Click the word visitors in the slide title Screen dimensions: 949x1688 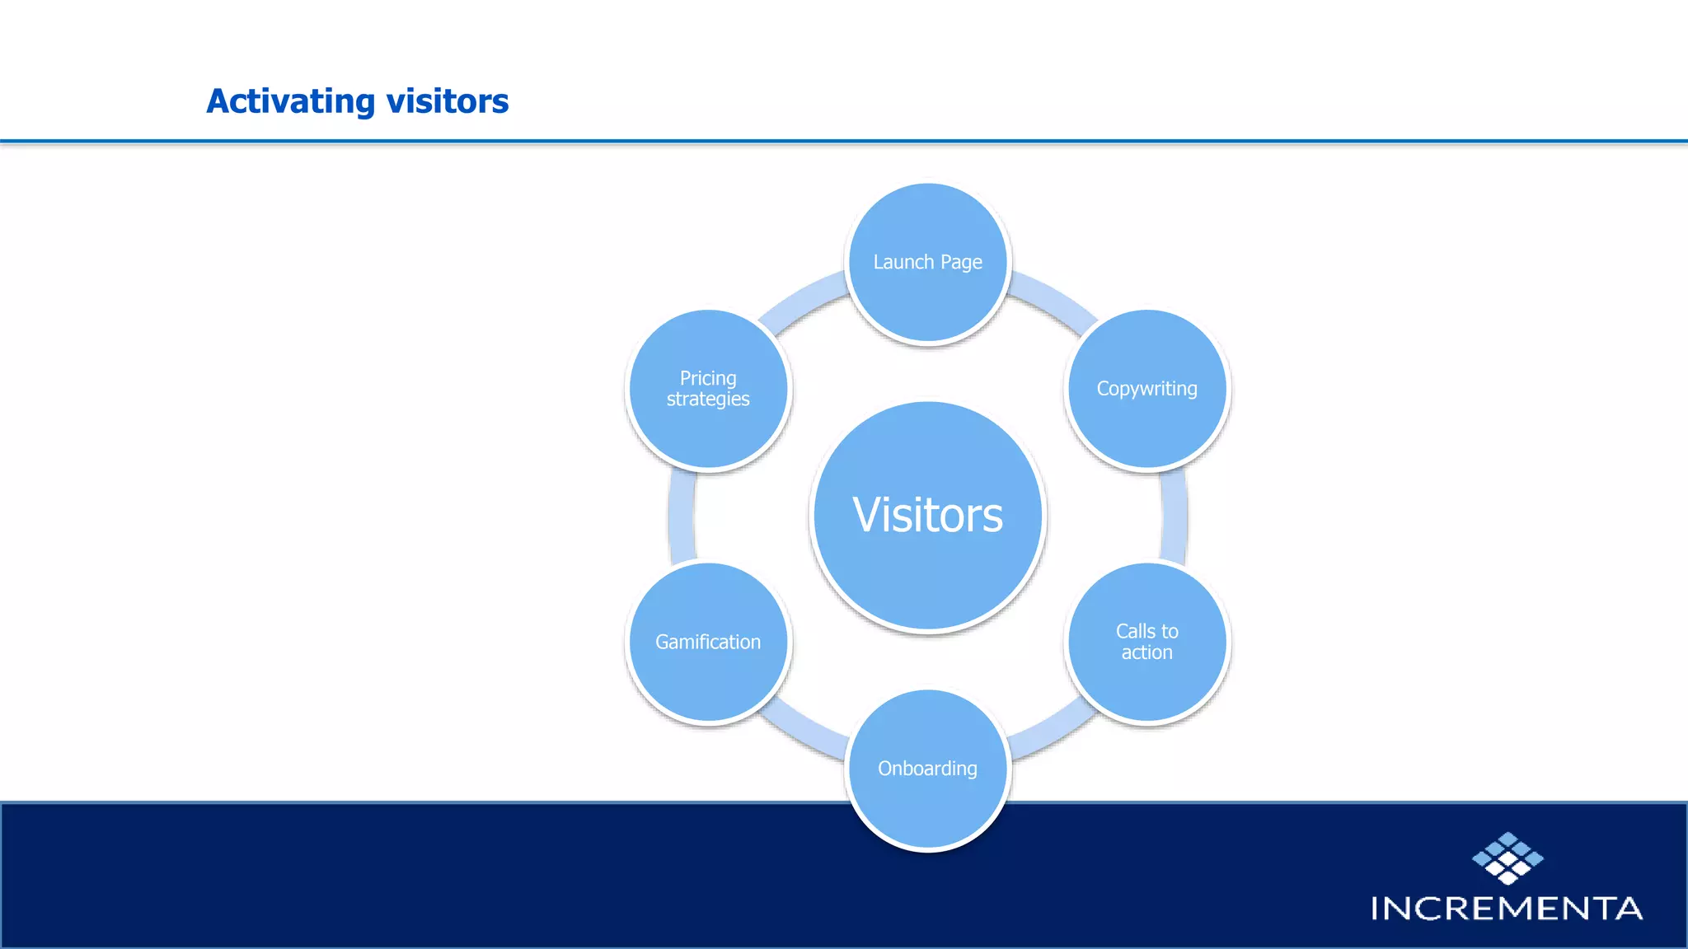pyautogui.click(x=447, y=102)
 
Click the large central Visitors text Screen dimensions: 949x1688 pyautogui.click(x=927, y=516)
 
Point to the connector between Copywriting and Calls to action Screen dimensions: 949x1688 pyautogui.click(x=1174, y=516)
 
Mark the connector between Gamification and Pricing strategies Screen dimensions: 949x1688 pyautogui.click(x=682, y=516)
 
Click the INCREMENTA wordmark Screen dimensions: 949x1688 pyautogui.click(x=1507, y=909)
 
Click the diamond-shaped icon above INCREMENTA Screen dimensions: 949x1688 pyautogui.click(x=1507, y=858)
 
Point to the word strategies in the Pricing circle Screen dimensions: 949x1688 pyautogui.click(x=708, y=400)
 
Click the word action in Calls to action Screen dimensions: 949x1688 pyautogui.click(x=1146, y=652)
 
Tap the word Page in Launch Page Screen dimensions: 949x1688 pyautogui.click(x=961, y=263)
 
